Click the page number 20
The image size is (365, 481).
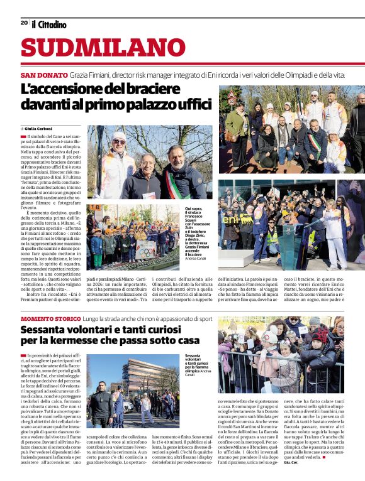tap(24, 22)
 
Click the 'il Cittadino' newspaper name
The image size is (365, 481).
tap(48, 24)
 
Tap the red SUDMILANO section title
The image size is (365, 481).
tap(103, 48)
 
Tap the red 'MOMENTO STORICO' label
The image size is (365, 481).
tap(45, 320)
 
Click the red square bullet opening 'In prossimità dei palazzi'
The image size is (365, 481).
tap(23, 355)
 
